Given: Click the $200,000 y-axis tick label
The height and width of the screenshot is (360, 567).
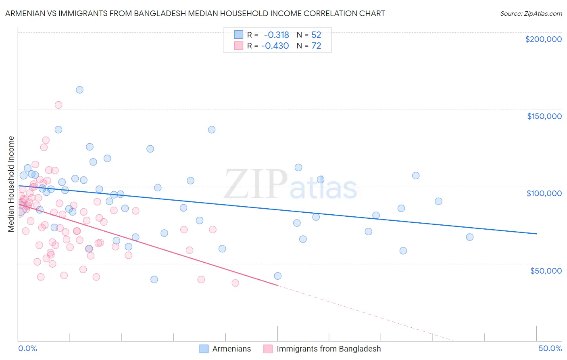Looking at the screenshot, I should click(543, 39).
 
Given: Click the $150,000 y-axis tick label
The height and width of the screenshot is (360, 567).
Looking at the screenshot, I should click(544, 116).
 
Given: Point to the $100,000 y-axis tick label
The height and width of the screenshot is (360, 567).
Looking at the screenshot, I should click(544, 193).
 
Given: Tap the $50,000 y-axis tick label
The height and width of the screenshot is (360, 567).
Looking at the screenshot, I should click(546, 270).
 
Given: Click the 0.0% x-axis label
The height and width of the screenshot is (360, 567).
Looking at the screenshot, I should click(27, 348).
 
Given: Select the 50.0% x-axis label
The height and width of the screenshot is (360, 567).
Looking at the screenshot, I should click(550, 348).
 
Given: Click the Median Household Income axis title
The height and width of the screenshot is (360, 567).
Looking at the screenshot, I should click(11, 184).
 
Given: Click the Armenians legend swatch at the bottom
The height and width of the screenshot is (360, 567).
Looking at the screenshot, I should click(204, 349).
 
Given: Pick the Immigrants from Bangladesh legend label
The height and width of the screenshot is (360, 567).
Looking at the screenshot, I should click(329, 349).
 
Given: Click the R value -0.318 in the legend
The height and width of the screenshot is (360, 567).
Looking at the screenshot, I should click(276, 35).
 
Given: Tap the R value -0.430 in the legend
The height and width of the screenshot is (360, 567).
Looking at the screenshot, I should click(275, 46).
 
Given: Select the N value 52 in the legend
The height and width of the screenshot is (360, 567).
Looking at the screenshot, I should click(316, 35).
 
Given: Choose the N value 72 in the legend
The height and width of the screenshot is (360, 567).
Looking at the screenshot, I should click(316, 46).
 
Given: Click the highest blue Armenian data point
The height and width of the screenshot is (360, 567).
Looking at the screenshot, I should click(79, 90).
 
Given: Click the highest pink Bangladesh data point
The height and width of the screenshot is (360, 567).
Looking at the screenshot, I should click(58, 105).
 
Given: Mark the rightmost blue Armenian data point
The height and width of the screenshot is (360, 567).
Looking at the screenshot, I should click(470, 237).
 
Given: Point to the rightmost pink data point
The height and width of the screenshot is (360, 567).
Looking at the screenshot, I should click(236, 283).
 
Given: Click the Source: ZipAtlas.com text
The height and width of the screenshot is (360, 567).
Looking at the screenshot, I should click(531, 14).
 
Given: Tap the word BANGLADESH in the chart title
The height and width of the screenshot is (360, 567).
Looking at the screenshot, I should click(162, 14).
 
